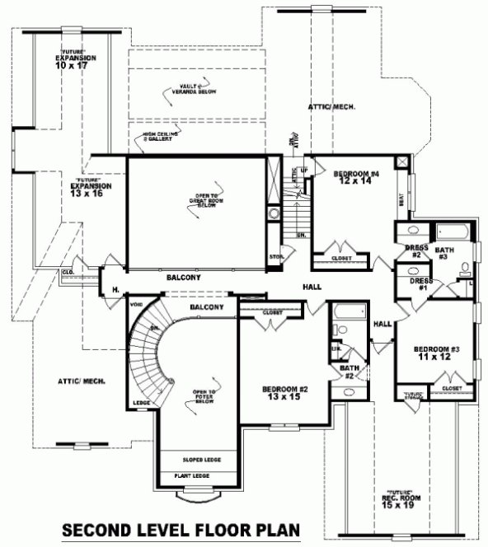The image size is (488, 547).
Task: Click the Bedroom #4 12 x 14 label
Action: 355,179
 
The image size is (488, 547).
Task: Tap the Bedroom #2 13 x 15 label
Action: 284,393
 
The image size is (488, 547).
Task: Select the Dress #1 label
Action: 418,283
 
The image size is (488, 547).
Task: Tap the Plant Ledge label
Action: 191,476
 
